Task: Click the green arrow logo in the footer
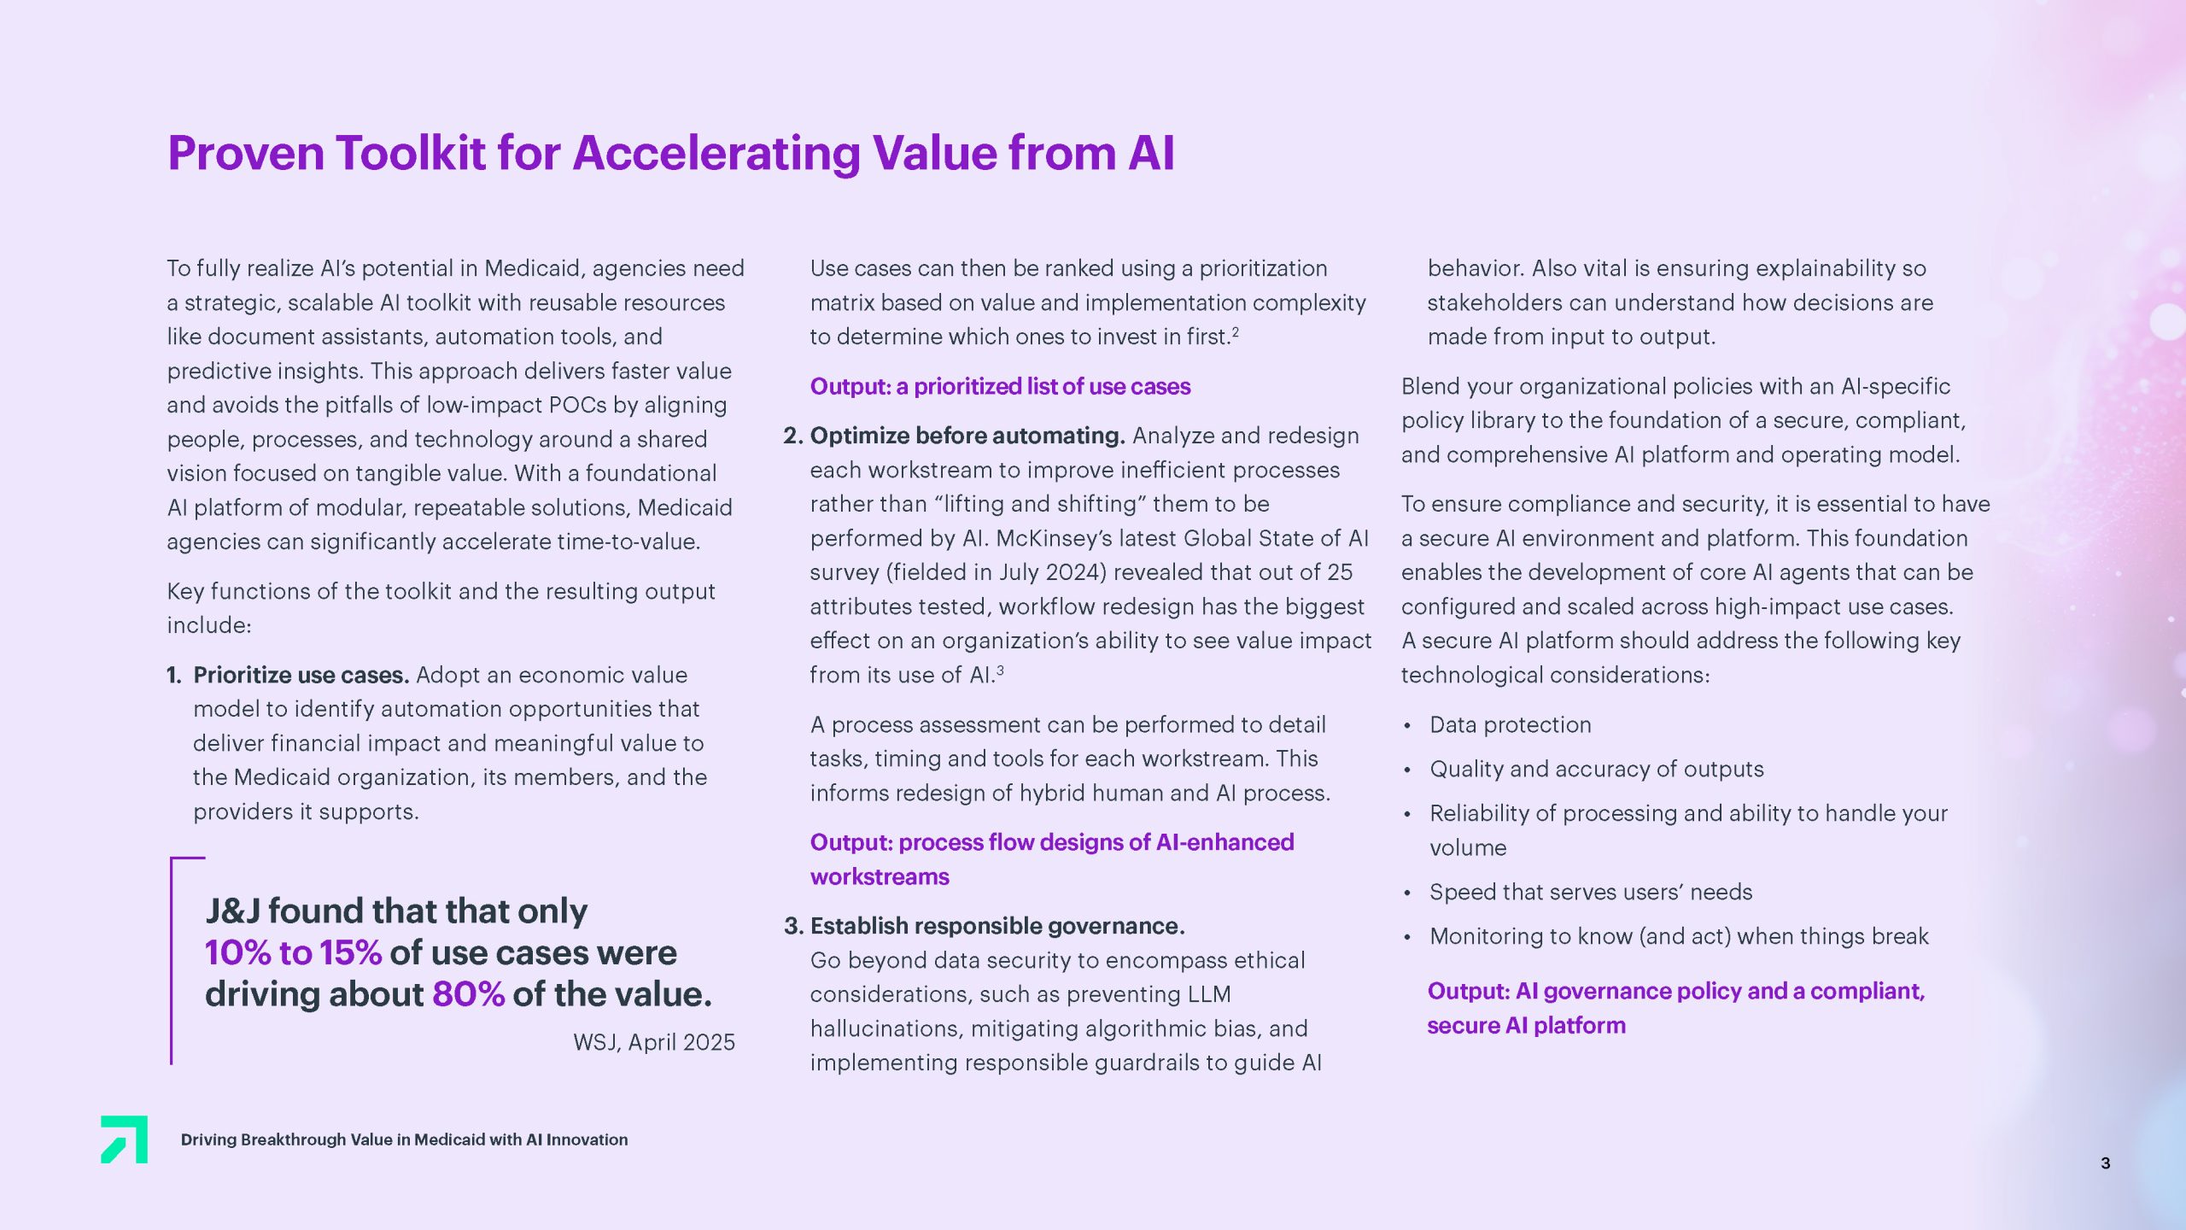(x=125, y=1139)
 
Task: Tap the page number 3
(x=2105, y=1163)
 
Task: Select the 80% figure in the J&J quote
(x=468, y=994)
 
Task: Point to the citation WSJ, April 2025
(x=653, y=1042)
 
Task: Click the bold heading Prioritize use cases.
(x=301, y=675)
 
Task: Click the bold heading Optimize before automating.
(x=967, y=436)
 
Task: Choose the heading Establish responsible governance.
(x=997, y=926)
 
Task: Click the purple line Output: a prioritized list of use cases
(x=1000, y=386)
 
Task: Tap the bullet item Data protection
(x=1510, y=724)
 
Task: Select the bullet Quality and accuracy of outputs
(x=1596, y=769)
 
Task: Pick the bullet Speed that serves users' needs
(x=1590, y=892)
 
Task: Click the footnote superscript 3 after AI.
(x=1000, y=670)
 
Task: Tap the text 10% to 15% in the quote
(x=293, y=953)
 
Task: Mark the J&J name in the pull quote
(x=232, y=911)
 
